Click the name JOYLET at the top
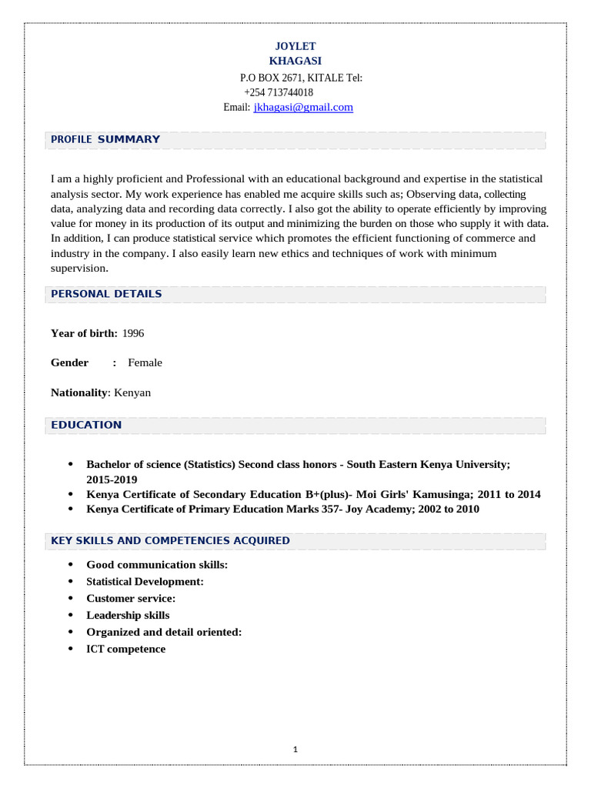(295, 46)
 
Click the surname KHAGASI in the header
(295, 61)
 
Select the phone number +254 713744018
(279, 92)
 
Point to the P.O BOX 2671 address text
(272, 78)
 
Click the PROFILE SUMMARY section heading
(105, 139)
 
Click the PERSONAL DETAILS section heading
(106, 294)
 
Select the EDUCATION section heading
(86, 425)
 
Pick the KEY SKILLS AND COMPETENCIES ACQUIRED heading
(170, 541)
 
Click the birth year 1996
(133, 333)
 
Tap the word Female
(145, 362)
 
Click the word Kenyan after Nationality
(132, 392)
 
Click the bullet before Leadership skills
(71, 616)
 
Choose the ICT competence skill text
(125, 649)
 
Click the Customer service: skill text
(131, 598)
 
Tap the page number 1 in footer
(295, 750)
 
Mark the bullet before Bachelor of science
(71, 465)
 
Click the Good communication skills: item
(157, 565)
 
